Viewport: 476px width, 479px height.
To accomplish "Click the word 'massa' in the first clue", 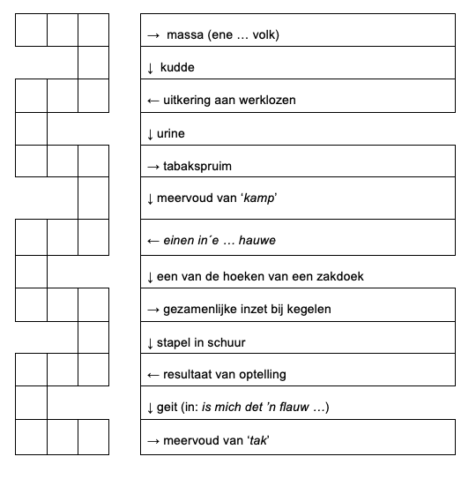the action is click(185, 34).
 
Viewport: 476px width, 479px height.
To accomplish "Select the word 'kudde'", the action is click(177, 68).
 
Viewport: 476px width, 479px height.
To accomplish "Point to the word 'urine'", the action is click(171, 134).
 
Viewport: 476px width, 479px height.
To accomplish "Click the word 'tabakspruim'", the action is click(197, 167).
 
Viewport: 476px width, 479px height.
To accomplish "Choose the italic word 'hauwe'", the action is click(257, 241).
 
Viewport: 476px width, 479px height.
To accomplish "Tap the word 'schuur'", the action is click(226, 343).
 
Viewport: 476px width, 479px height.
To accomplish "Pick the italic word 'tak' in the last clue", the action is click(258, 440).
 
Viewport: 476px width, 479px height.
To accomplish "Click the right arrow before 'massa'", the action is click(153, 36).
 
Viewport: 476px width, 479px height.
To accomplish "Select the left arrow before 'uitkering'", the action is click(153, 101).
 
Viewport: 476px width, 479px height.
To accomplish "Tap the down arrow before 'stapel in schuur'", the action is click(150, 344).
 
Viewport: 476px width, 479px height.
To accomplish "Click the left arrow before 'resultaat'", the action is click(153, 375).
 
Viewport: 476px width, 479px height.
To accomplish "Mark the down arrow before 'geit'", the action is click(150, 408).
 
